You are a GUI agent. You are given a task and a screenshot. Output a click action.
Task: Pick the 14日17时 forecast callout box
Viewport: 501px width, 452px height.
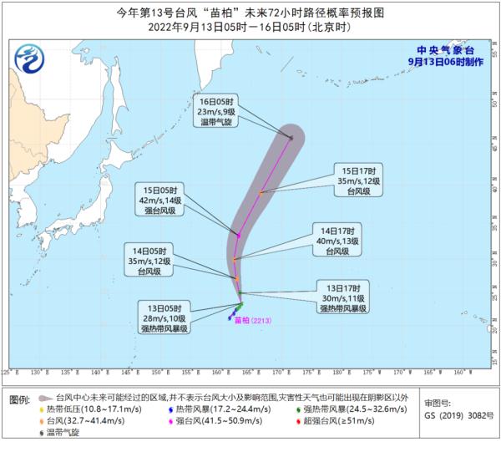tap(337, 240)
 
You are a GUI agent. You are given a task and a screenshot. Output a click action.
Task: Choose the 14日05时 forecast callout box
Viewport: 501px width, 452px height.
tap(153, 261)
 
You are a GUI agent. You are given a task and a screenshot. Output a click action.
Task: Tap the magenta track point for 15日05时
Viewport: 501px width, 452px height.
tap(238, 236)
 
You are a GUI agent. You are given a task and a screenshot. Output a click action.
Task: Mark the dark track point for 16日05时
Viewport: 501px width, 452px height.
tap(291, 137)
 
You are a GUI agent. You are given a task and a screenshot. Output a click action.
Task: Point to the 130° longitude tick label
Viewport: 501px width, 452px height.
tap(35, 371)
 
